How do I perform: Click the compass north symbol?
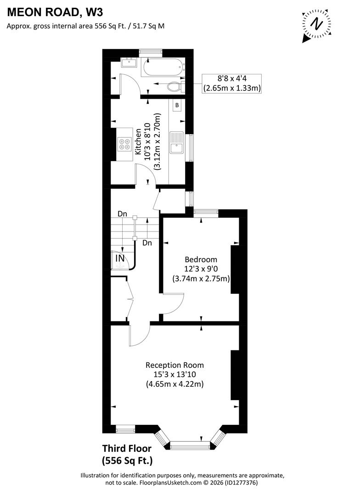316,23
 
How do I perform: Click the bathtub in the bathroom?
162,68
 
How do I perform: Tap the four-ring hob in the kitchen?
124,145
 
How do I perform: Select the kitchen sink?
177,142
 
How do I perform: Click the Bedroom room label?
201,259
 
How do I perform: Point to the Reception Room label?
174,365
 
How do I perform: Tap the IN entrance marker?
120,259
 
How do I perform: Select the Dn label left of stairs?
122,214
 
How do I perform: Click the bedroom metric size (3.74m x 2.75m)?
201,278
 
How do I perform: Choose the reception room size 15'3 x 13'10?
174,374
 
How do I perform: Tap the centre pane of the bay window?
190,444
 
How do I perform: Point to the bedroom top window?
205,212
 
